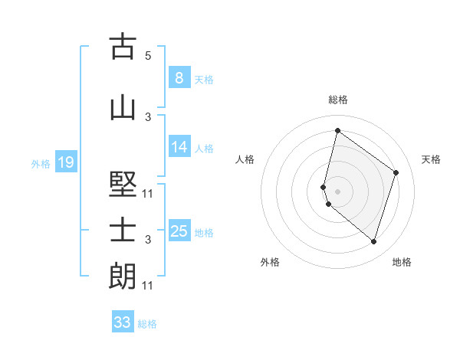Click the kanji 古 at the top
[123, 47]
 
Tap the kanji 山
[123, 108]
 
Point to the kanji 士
[123, 231]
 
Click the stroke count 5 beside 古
[148, 55]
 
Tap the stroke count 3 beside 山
[148, 116]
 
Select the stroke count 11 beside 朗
[148, 286]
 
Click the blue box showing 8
[179, 78]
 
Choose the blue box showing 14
[179, 147]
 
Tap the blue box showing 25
[179, 231]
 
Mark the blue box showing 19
[65, 162]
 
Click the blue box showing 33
[123, 322]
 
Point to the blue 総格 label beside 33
[147, 324]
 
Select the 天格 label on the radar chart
[431, 159]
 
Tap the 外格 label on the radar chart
[270, 262]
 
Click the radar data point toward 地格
[374, 242]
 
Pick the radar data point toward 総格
[337, 130]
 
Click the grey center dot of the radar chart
[337, 191]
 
